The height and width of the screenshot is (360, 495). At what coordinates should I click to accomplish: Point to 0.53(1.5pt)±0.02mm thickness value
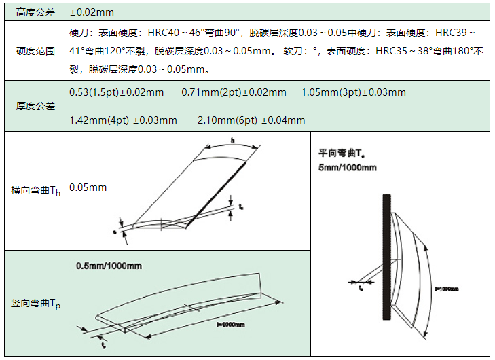tap(116, 92)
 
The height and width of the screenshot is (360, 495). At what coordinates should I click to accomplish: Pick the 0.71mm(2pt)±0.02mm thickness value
tap(234, 92)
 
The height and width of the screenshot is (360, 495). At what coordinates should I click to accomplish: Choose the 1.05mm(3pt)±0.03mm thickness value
tap(353, 92)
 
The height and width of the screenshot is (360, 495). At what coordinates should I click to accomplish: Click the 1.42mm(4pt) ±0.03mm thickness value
tap(123, 120)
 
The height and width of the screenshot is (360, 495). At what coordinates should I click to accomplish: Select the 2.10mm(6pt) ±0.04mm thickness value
tap(251, 120)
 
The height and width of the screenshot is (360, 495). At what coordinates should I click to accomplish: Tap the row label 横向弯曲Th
tap(36, 191)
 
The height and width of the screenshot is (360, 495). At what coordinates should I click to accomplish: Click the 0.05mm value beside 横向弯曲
tap(88, 187)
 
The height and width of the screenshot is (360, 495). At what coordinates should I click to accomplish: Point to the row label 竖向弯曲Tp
tap(36, 304)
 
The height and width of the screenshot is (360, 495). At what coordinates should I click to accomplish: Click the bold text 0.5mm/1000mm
tap(109, 265)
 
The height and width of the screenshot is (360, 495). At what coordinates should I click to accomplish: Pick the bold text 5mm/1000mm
tap(347, 167)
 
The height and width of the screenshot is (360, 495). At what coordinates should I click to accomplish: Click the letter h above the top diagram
tap(233, 141)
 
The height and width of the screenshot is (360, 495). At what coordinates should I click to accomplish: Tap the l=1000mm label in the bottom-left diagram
tap(230, 325)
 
